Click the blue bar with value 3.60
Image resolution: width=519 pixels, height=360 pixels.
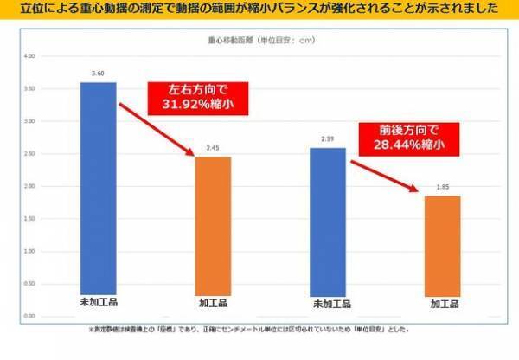coord(98,199)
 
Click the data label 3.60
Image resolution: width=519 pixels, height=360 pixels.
coord(98,74)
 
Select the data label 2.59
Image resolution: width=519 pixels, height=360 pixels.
coord(327,139)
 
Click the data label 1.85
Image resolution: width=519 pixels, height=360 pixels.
coord(442,188)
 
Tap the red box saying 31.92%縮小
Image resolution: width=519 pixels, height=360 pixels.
coord(198,99)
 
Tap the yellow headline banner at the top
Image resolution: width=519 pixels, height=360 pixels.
coord(259,10)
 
